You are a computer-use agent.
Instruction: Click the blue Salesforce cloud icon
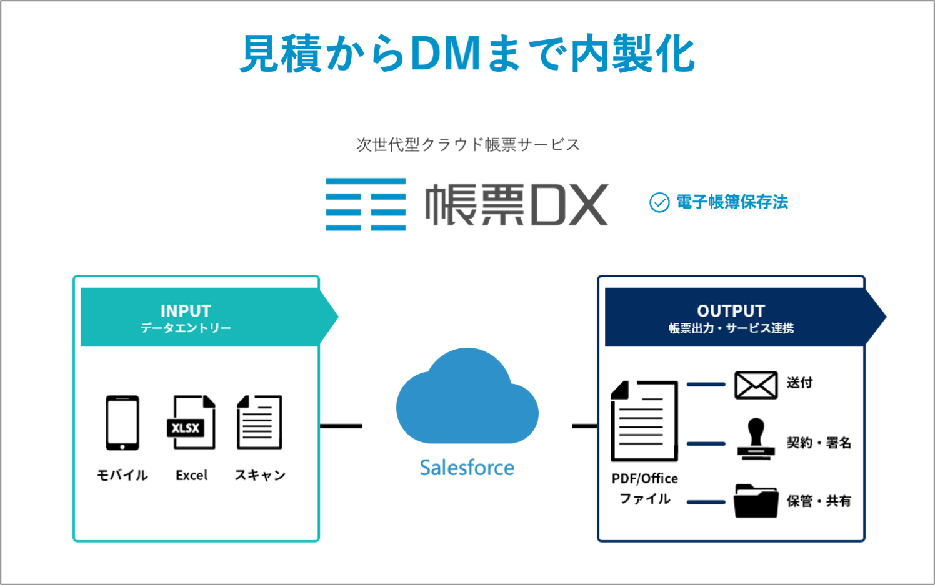[467, 400]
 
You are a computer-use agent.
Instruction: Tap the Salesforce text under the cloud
[467, 468]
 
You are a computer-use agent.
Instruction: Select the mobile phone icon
[122, 423]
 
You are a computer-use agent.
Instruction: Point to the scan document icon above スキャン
[259, 423]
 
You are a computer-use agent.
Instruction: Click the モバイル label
[122, 475]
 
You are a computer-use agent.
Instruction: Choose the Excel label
[191, 475]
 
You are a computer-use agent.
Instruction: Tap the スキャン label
[260, 475]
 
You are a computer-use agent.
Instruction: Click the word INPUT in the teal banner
[186, 310]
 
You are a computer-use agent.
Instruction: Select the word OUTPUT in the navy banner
[731, 310]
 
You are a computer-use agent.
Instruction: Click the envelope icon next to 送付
[756, 385]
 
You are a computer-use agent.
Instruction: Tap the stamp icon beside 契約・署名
[756, 440]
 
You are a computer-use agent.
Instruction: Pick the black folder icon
[756, 501]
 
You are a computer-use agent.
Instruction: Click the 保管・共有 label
[819, 501]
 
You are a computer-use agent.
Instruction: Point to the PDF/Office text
[644, 478]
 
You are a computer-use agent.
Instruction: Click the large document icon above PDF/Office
[644, 421]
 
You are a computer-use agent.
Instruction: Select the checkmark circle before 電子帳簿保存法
[659, 202]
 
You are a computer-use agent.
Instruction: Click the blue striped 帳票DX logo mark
[366, 204]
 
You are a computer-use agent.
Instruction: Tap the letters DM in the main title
[446, 54]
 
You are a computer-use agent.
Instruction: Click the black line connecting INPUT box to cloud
[341, 426]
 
